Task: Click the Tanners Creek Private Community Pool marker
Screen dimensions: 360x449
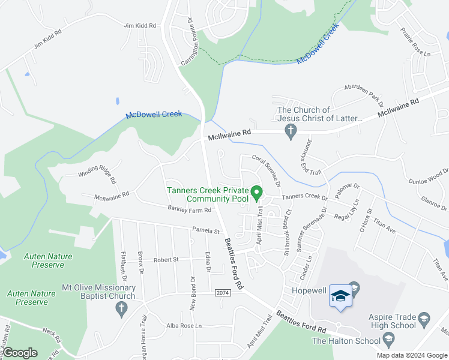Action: click(258, 193)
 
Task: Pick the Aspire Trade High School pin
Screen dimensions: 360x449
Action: click(424, 317)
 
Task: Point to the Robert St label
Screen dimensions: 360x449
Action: click(166, 260)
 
